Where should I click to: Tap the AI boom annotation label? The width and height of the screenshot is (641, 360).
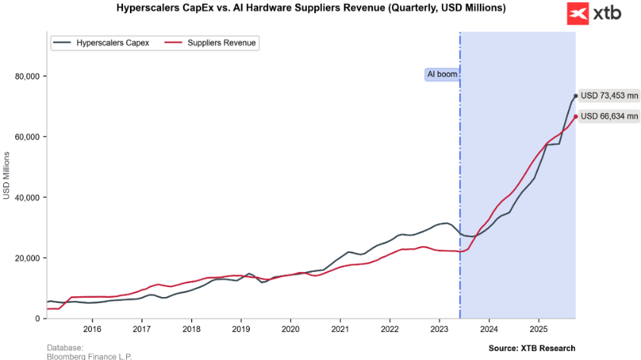pyautogui.click(x=441, y=74)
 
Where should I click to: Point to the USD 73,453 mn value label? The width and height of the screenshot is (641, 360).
pyautogui.click(x=609, y=96)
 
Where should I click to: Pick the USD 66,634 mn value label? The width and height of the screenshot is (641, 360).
pyautogui.click(x=609, y=116)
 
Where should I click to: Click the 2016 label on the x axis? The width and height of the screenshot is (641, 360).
pyautogui.click(x=92, y=329)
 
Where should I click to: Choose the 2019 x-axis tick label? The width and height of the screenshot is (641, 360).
pyautogui.click(x=241, y=329)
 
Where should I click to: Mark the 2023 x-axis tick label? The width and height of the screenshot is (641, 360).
pyautogui.click(x=440, y=329)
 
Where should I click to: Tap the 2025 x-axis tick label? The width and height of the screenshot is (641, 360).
pyautogui.click(x=538, y=329)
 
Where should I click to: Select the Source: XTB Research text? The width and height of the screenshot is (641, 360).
pyautogui.click(x=532, y=348)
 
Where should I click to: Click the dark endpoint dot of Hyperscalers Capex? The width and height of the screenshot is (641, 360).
pyautogui.click(x=575, y=96)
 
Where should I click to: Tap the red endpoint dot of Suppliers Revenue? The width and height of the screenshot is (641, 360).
pyautogui.click(x=575, y=116)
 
